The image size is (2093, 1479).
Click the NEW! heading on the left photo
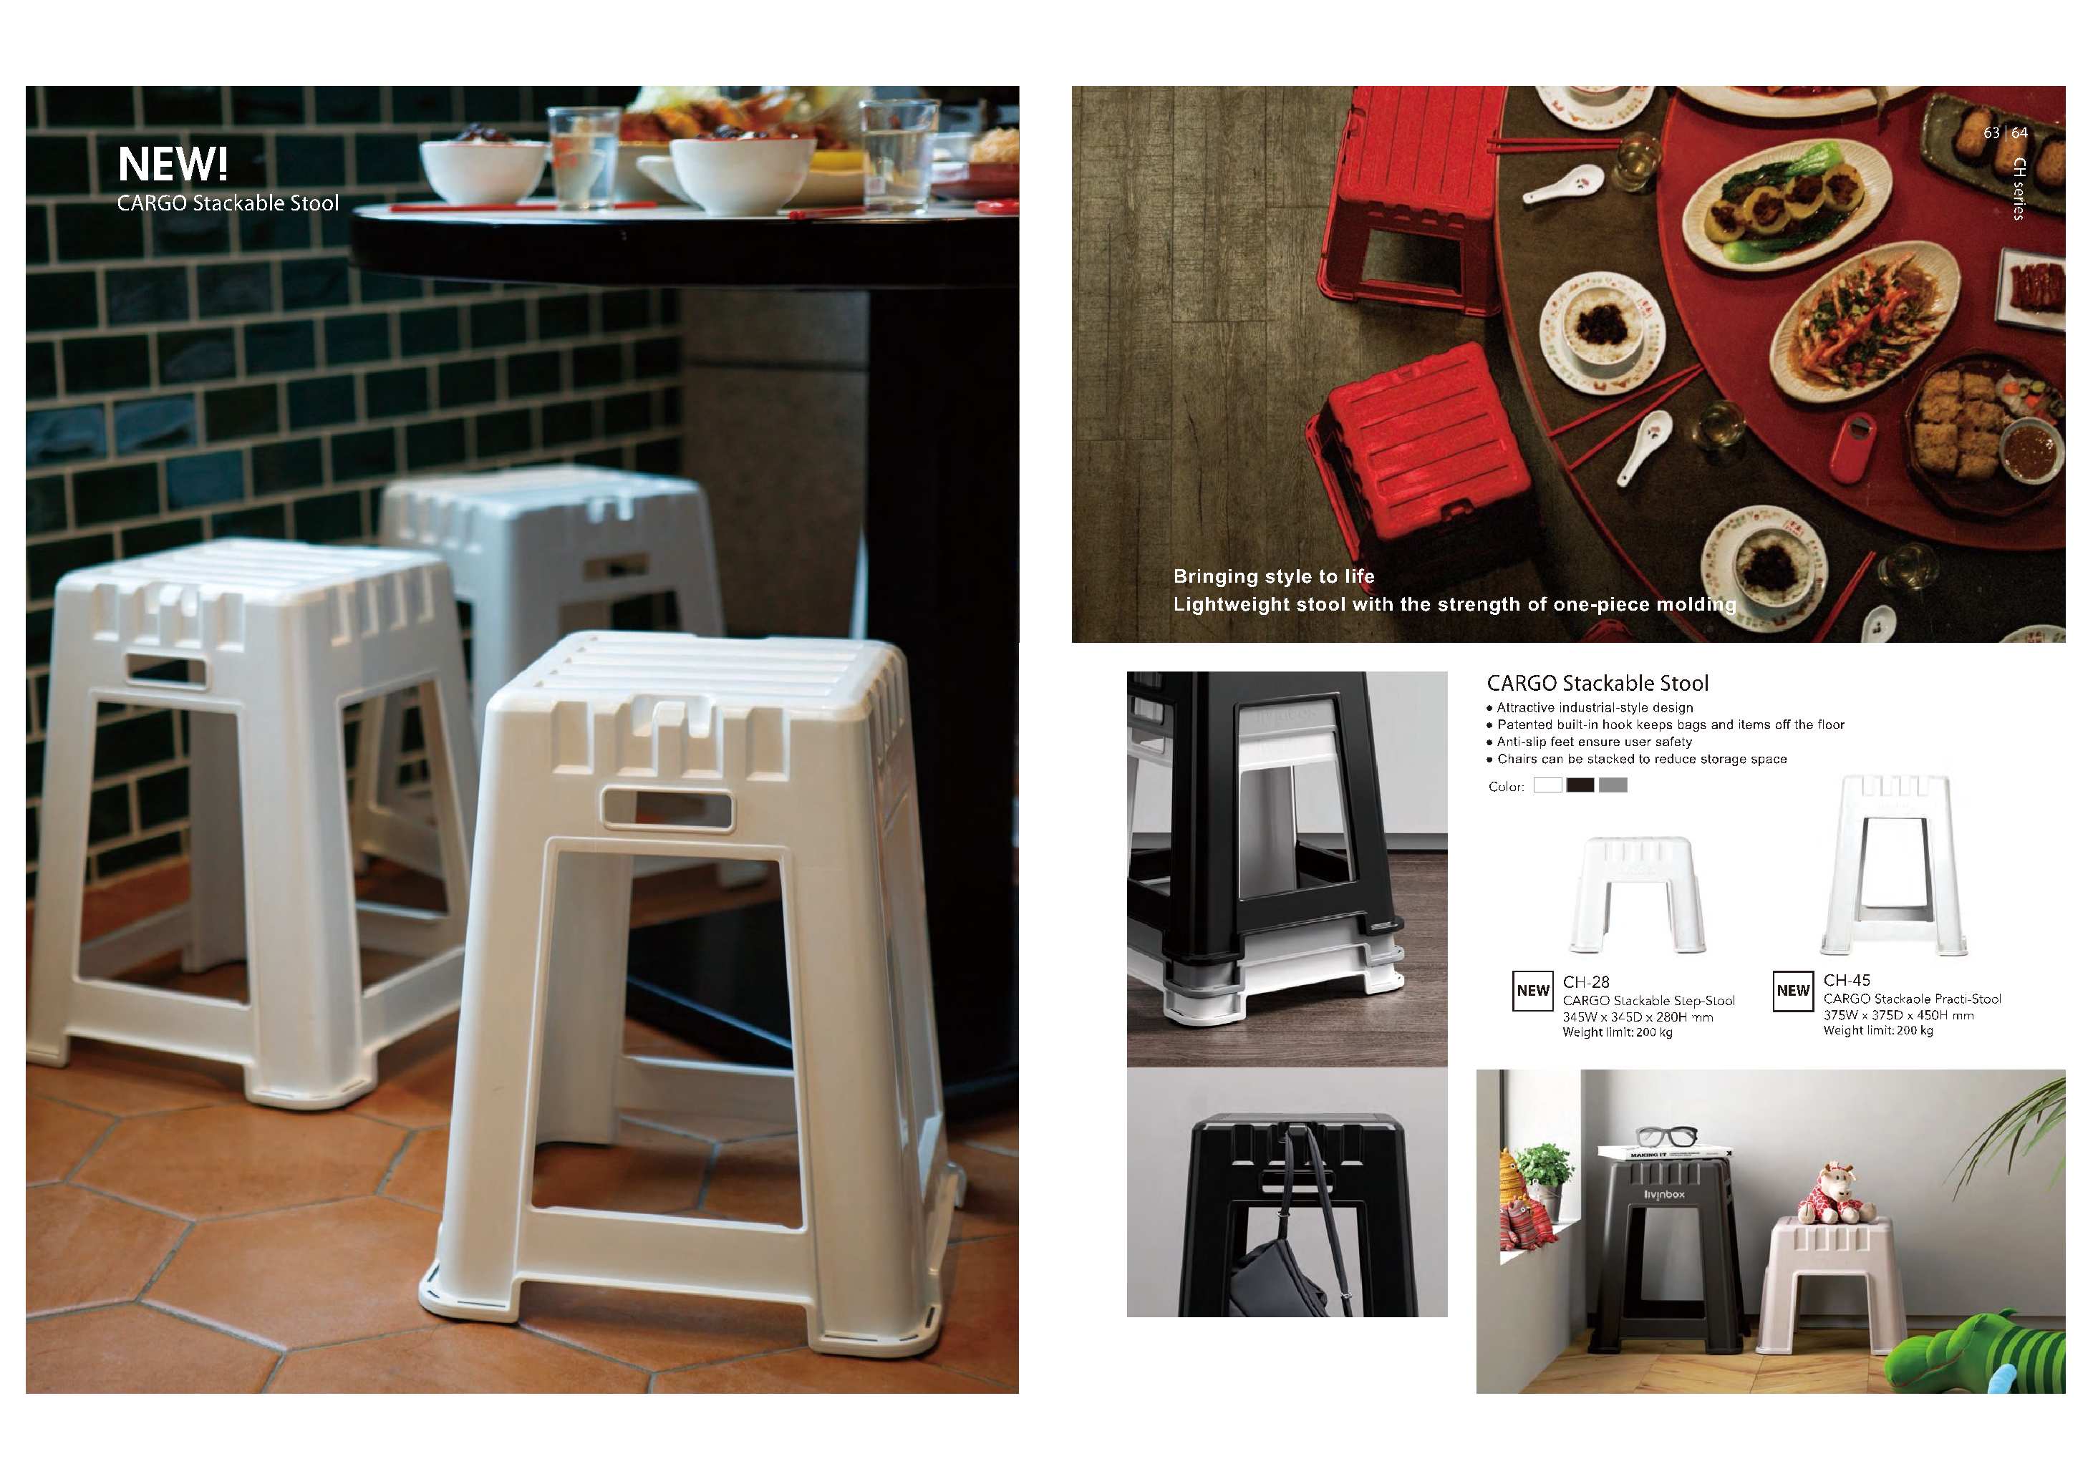pos(173,164)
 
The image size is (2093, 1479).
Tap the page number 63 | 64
pos(2006,133)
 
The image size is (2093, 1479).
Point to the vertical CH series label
pos(2019,189)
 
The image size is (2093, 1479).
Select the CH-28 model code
pos(1586,982)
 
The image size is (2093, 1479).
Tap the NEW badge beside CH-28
pos(1533,991)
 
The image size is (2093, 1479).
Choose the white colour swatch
pos(1548,785)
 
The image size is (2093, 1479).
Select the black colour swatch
pos(1581,785)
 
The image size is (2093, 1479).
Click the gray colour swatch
pos(1613,785)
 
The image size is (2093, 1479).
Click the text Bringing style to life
pos(1273,576)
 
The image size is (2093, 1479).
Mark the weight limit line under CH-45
pos(1878,1031)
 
